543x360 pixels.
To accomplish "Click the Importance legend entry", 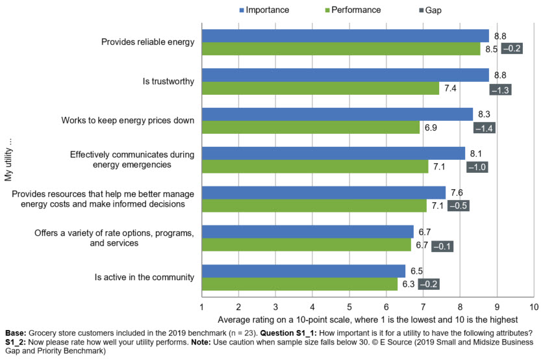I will tap(262, 10).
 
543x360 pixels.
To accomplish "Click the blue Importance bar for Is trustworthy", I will tap(345, 75).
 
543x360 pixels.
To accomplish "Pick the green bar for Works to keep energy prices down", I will tap(310, 127).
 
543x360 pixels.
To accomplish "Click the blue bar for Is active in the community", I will tap(303, 271).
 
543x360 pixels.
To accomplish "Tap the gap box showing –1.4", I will tap(485, 128).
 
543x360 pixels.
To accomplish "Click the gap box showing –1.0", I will tap(477, 167).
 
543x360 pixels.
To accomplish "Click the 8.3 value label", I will tap(483, 114).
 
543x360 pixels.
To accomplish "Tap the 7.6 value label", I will tap(456, 192).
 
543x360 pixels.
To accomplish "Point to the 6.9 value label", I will tap(430, 128).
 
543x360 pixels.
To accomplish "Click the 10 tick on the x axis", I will tap(533, 306).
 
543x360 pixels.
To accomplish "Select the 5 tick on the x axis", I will tap(349, 306).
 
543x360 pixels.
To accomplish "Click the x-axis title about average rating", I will tap(368, 319).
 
